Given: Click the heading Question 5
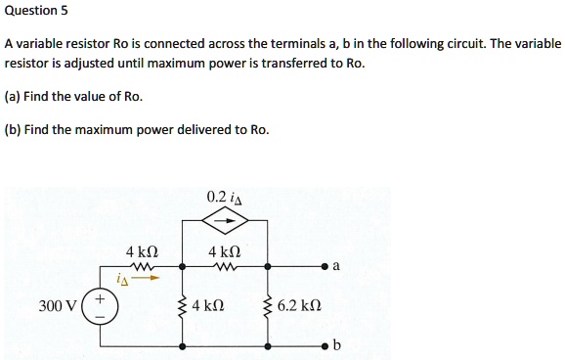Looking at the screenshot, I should click(35, 12).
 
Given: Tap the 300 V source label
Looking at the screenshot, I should click(58, 306).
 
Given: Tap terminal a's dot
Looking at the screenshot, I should click(324, 265).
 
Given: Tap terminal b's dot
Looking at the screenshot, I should click(324, 346).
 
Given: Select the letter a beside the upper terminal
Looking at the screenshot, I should click(336, 265).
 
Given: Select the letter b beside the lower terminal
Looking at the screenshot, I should click(337, 346).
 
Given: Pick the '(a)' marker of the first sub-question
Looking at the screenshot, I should click(14, 96).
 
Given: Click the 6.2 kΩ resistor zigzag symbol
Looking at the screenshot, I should click(270, 306).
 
